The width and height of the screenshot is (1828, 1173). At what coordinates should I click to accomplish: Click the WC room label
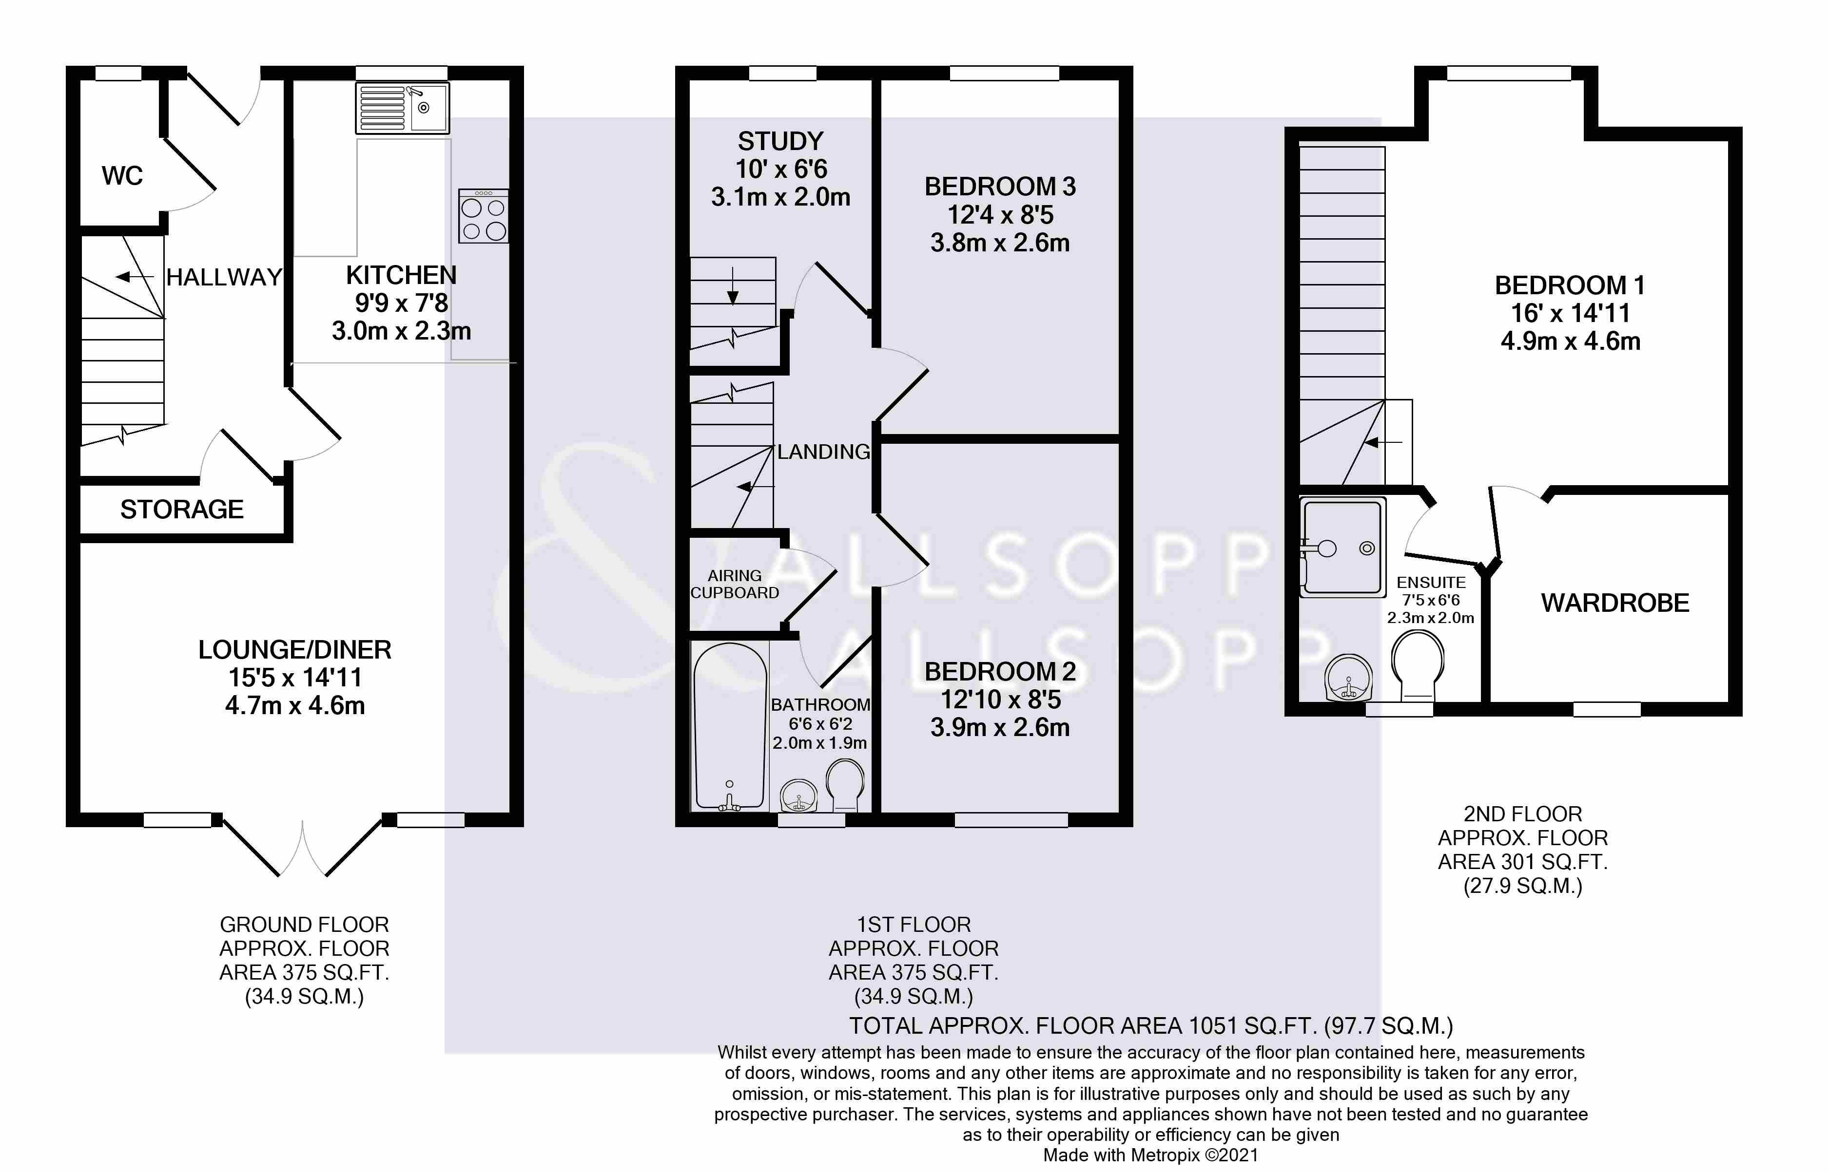point(122,176)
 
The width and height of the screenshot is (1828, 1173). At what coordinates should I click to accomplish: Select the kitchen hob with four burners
point(483,216)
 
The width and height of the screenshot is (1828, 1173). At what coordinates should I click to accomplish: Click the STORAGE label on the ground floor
point(182,510)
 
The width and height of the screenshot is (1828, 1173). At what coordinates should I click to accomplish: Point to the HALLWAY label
point(224,277)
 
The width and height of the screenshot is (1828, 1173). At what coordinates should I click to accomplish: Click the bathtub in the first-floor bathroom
point(729,727)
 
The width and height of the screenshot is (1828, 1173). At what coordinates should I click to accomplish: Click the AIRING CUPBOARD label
point(735,584)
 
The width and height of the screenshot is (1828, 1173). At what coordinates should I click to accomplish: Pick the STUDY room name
point(780,141)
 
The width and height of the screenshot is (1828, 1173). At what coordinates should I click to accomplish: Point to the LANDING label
point(823,452)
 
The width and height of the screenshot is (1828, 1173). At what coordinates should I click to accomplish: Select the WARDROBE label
point(1614,603)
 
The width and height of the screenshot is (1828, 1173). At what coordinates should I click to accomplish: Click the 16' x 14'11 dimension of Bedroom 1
point(1571,313)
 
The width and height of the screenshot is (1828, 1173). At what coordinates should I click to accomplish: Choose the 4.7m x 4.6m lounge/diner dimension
point(295,706)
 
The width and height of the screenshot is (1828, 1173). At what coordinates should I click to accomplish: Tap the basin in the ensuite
point(1349,678)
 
